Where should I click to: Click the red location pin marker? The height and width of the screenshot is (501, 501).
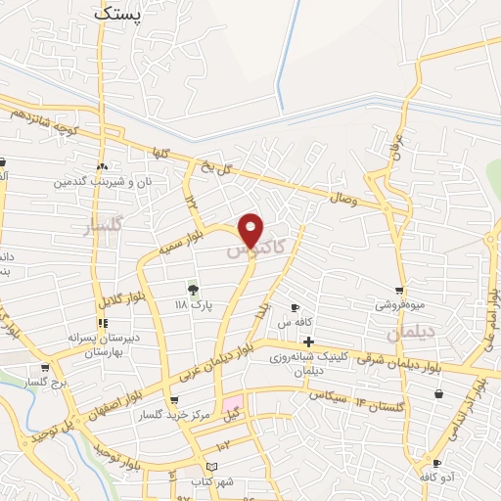point(251,231)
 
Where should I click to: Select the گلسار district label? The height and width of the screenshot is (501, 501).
point(104,227)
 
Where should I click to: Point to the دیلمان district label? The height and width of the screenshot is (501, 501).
point(408,334)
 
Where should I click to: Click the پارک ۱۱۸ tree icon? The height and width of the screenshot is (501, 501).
point(192,290)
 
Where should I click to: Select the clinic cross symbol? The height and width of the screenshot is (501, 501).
point(309,342)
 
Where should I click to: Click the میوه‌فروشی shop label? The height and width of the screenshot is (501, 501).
point(399,304)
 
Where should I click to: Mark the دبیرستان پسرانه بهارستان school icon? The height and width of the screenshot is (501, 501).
point(102,323)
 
